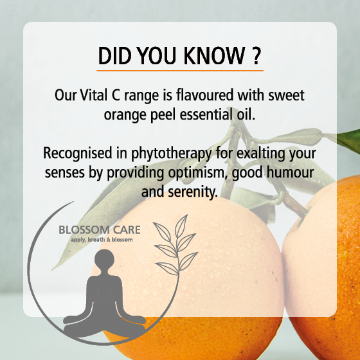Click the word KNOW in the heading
[x=214, y=55]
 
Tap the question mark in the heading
[x=255, y=55]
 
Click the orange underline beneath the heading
[x=180, y=71]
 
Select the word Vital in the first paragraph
[x=94, y=95]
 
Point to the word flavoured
[x=205, y=95]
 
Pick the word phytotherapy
[x=171, y=154]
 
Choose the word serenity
[x=192, y=192]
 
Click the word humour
[x=290, y=172]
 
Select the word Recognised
[x=78, y=154]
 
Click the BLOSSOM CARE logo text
[x=100, y=230]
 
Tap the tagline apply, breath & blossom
[x=102, y=240]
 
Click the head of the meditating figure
[x=104, y=258]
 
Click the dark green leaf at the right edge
[x=349, y=141]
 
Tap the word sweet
[x=286, y=95]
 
